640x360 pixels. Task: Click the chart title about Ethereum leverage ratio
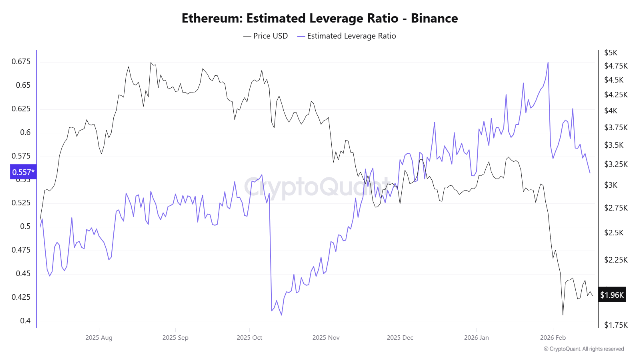coord(320,18)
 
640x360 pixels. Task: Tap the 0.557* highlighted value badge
coord(23,172)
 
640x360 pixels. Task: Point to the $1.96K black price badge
coord(612,295)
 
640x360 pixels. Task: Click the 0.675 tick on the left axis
coord(20,62)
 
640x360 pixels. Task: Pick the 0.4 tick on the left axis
coord(25,321)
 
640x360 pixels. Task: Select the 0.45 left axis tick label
coord(22,274)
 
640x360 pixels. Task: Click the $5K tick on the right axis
coord(611,52)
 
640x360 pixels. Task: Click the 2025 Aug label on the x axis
coord(99,338)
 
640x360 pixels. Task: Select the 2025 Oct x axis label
coord(250,338)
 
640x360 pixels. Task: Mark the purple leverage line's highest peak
coord(548,63)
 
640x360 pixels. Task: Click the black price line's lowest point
coord(563,315)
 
